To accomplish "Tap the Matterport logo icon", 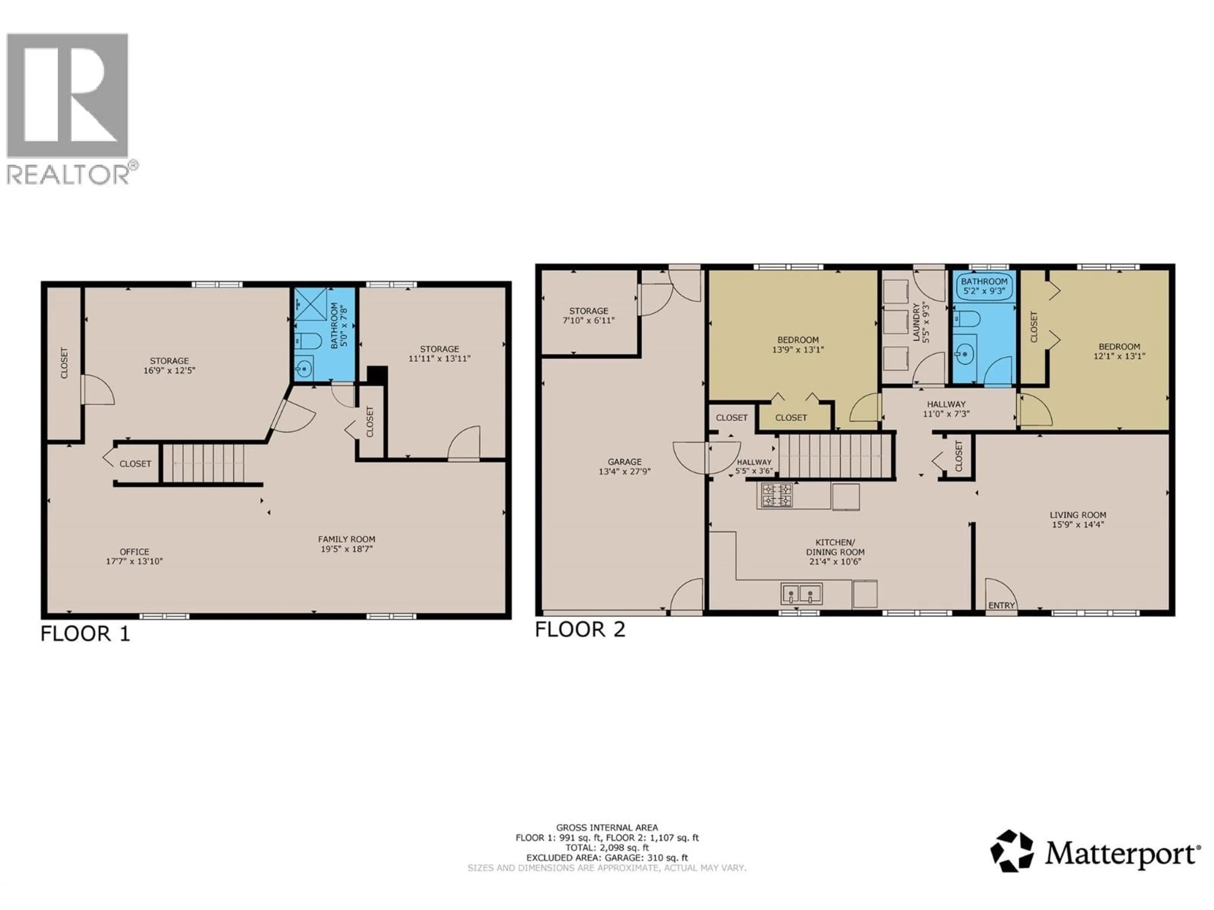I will (1011, 851).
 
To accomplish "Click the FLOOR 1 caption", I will (85, 634).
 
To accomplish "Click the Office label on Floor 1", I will (134, 552).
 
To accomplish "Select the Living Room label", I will (1078, 515).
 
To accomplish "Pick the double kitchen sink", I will (802, 593).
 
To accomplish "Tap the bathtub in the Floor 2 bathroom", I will (984, 286).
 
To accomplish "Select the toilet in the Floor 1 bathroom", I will (308, 342).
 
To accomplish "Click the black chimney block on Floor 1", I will (377, 375).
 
